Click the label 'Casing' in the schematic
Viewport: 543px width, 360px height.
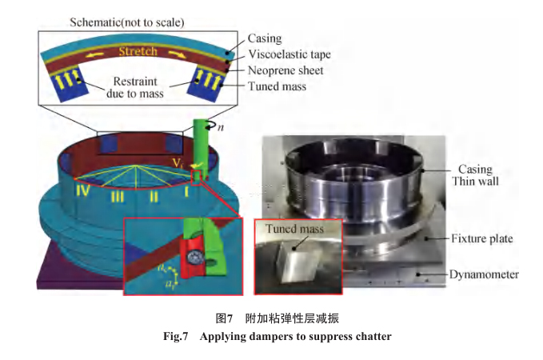[x=265, y=38]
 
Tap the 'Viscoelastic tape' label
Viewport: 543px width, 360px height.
[x=289, y=54]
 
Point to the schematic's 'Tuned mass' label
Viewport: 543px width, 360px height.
[x=277, y=86]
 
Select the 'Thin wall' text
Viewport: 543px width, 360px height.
[x=478, y=182]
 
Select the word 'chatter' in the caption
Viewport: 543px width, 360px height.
[x=371, y=336]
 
